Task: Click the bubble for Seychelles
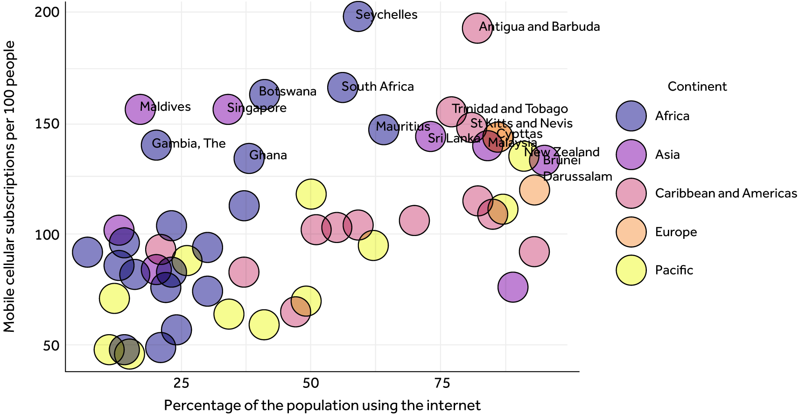click(x=358, y=16)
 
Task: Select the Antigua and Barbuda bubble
click(x=477, y=29)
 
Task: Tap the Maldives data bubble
click(x=140, y=109)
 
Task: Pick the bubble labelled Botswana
click(x=265, y=94)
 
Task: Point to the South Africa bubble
click(x=343, y=87)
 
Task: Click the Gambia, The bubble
click(x=156, y=145)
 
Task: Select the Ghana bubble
click(x=249, y=158)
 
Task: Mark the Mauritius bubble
click(x=384, y=129)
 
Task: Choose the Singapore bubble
click(x=228, y=109)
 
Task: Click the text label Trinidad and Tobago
click(x=510, y=109)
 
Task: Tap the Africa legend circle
click(x=631, y=116)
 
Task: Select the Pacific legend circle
click(x=631, y=270)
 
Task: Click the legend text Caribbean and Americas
click(x=726, y=193)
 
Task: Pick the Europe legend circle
click(x=631, y=232)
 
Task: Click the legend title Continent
click(x=697, y=86)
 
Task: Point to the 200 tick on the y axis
click(x=47, y=12)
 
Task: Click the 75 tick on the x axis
click(x=442, y=384)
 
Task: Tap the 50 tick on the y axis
click(x=51, y=346)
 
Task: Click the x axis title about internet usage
click(x=322, y=405)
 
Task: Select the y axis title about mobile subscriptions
click(x=9, y=186)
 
